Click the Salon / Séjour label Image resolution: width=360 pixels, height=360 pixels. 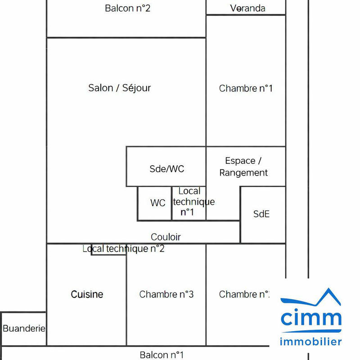(119, 88)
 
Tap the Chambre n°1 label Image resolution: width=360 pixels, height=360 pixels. (246, 88)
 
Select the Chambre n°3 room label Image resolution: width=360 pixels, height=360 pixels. (166, 294)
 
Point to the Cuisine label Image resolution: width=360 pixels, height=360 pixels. (87, 294)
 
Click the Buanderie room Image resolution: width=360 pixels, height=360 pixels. (24, 328)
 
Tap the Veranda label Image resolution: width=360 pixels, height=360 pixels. (247, 8)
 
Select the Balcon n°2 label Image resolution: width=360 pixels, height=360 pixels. (127, 8)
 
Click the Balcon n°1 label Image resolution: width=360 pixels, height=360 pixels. (162, 355)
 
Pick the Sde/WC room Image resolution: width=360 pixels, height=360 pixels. (166, 169)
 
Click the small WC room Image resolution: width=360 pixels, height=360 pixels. (157, 203)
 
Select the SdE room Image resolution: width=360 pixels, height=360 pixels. (261, 214)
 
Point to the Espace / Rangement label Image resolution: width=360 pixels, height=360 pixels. (243, 166)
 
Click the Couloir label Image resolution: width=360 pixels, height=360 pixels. (166, 237)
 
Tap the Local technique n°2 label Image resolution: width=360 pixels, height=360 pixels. (123, 248)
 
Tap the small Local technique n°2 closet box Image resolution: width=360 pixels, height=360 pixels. (108, 252)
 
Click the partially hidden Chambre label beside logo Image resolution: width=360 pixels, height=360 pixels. (244, 294)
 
